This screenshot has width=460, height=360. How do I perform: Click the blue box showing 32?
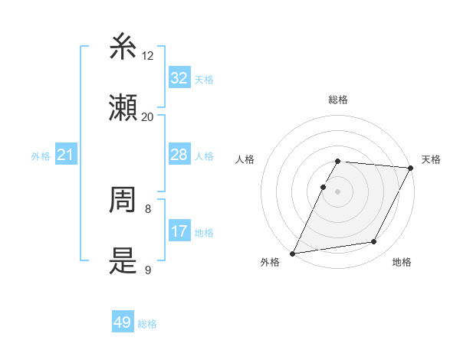pos(179,78)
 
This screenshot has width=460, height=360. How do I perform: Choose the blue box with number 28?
pos(179,155)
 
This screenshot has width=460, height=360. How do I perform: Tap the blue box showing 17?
pos(179,231)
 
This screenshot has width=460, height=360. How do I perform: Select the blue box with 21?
pos(66,155)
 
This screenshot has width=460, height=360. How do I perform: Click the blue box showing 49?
pos(123,322)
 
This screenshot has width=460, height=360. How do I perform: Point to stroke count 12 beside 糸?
pos(148,56)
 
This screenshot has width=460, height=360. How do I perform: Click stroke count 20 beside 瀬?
pos(148,116)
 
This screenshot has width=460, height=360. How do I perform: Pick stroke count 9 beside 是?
pos(148,270)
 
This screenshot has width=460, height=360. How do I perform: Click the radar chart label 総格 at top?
pos(338,100)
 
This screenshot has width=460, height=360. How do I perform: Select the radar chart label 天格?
pos(431,159)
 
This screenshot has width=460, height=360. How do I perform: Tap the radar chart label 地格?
pos(402,262)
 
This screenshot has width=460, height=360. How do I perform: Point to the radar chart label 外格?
pos(270,262)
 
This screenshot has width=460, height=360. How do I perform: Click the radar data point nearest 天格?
pos(411,168)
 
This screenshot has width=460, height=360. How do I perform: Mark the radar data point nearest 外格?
pos(292,254)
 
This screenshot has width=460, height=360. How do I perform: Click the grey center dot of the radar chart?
pos(338,191)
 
